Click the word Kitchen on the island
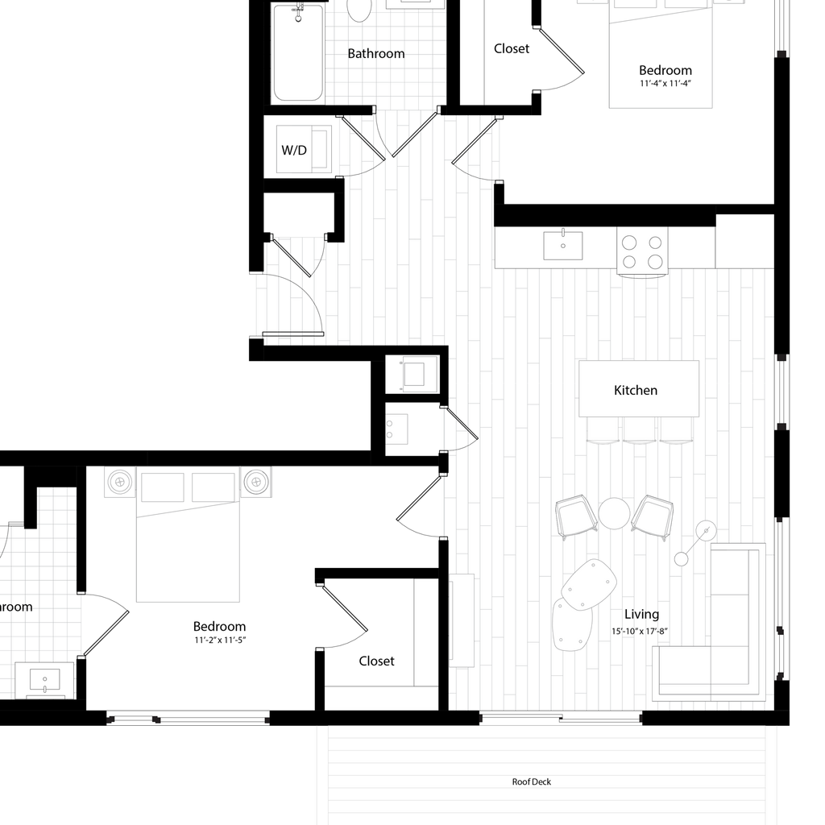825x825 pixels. (636, 390)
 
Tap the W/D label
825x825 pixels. (294, 150)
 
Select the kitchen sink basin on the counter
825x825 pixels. (563, 244)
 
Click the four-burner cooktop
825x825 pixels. (643, 251)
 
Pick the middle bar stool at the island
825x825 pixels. (641, 429)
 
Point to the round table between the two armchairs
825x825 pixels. (614, 513)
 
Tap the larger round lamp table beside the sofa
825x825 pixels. (706, 530)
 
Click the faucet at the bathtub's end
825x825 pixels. (299, 11)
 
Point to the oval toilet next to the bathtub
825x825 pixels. (359, 9)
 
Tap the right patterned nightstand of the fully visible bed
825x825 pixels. (256, 482)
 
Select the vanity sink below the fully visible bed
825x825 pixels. (44, 682)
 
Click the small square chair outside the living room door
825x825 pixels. (418, 375)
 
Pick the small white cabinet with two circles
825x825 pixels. (397, 427)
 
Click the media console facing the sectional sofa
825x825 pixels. (462, 620)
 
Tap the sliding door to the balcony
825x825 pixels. (561, 717)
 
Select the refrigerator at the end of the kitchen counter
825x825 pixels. (744, 241)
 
